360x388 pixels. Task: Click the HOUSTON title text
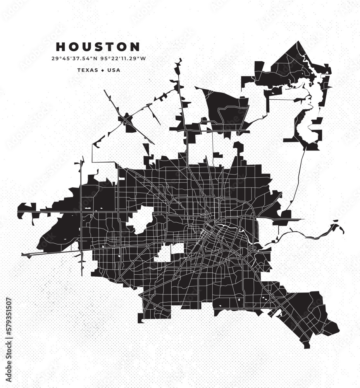pyautogui.click(x=98, y=47)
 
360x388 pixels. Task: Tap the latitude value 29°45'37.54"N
pyautogui.click(x=74, y=59)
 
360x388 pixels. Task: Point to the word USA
pyautogui.click(x=114, y=70)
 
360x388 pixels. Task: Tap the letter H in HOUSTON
pyautogui.click(x=60, y=47)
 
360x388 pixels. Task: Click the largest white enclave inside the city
pyautogui.click(x=140, y=220)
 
